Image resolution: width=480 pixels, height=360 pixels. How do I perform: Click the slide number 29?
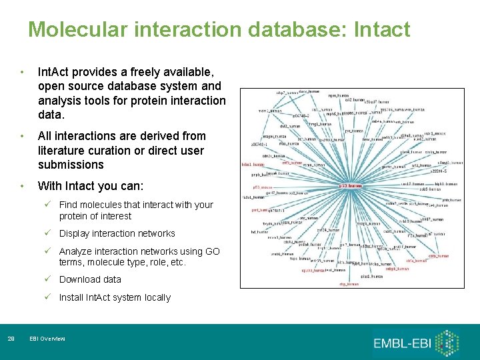11,339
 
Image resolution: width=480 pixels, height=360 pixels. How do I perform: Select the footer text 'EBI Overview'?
47,339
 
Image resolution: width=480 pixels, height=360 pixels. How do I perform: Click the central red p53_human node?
351,186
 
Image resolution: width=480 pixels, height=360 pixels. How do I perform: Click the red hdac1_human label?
253,164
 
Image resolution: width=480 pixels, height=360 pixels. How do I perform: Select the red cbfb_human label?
437,255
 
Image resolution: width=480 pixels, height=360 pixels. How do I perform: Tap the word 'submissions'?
71,165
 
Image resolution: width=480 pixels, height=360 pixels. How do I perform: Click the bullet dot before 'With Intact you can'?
23,187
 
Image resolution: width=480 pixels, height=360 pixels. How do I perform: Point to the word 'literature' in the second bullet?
62,150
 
